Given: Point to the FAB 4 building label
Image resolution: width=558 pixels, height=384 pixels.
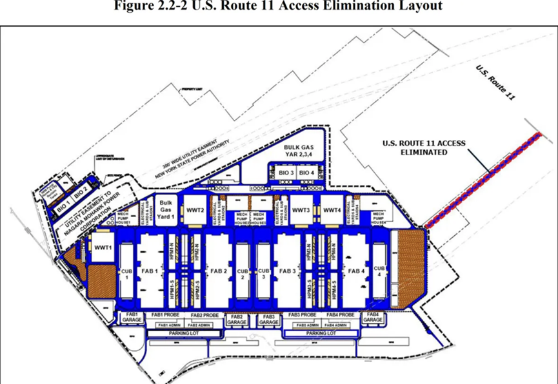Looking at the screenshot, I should tap(356, 271).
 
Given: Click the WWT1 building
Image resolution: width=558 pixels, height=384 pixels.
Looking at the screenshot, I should tap(100, 247).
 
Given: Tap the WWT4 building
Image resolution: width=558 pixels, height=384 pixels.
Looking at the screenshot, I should tap(332, 210).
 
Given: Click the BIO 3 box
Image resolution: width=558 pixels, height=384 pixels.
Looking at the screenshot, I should tap(287, 173).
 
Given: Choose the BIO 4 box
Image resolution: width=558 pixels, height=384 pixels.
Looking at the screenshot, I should tap(308, 173).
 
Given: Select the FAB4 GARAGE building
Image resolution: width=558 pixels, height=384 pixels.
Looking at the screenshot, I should tap(374, 317).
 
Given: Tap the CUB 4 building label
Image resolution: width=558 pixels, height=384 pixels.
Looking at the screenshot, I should tap(379, 271).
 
